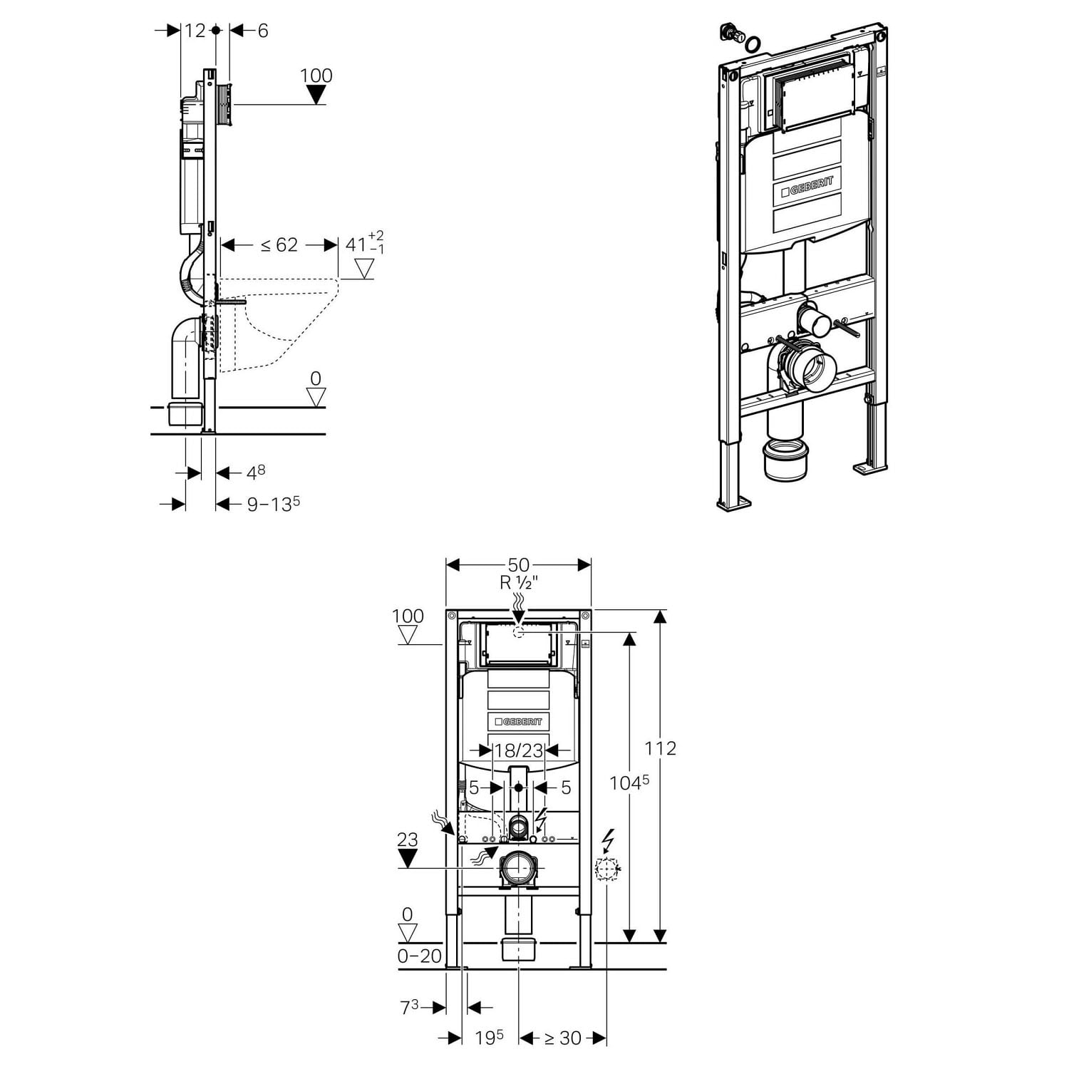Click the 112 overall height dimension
(x=660, y=748)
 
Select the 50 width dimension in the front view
(x=518, y=566)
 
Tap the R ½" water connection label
(x=518, y=583)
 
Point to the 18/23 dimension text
(x=518, y=750)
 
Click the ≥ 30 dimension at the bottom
(x=563, y=1038)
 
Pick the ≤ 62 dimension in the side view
(x=279, y=245)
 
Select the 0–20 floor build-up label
(x=420, y=956)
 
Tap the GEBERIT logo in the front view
(x=518, y=722)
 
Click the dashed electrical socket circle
(x=606, y=869)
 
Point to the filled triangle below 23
(x=407, y=859)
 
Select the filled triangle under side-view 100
(x=316, y=95)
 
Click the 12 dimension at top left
(x=194, y=31)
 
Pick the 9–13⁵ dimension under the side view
(x=273, y=505)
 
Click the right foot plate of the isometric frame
(x=870, y=468)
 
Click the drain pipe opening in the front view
(x=518, y=868)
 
